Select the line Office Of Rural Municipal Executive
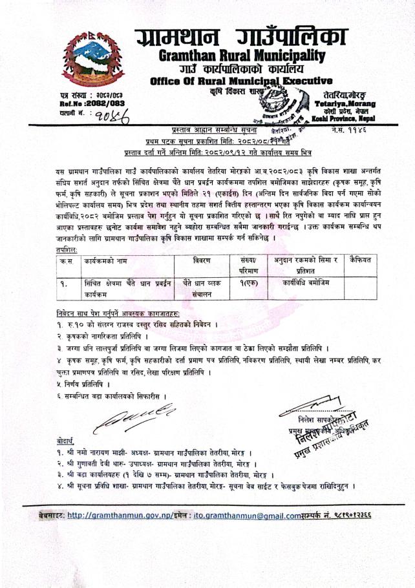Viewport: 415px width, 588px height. click(241, 81)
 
